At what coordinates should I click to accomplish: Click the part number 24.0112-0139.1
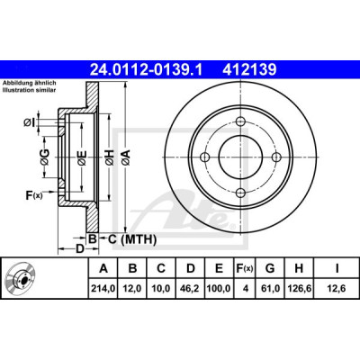coord(147,70)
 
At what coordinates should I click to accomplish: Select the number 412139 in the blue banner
coord(249,70)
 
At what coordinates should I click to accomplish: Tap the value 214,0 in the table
coord(103,288)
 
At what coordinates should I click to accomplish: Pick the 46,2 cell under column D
coord(191,288)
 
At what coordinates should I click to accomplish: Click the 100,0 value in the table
coord(219,288)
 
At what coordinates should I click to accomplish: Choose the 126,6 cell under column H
coord(299,288)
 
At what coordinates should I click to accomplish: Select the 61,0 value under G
coord(270,288)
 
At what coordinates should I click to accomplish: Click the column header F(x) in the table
coord(245,268)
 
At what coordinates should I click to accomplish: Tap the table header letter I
coord(337,268)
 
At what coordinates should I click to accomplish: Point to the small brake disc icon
coord(20,278)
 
